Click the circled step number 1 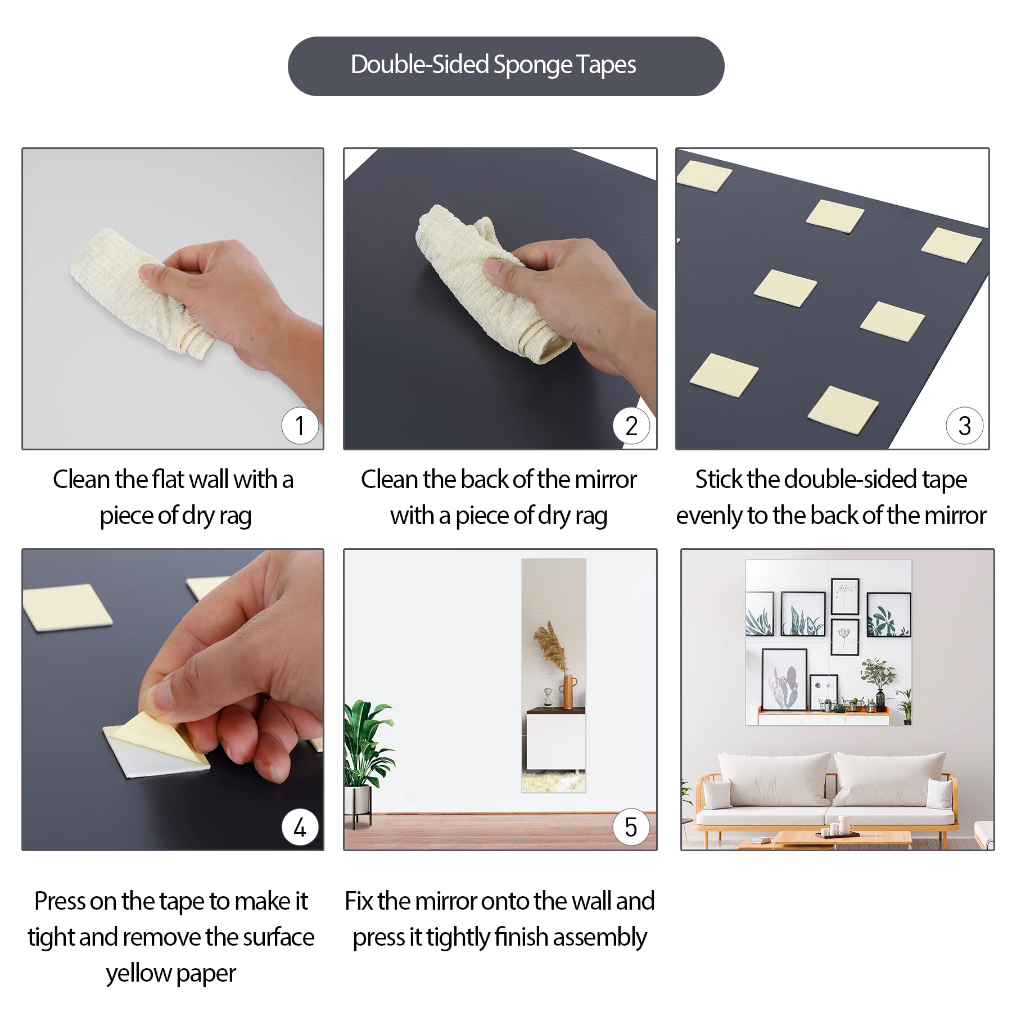pos(300,426)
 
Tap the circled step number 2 pos(631,426)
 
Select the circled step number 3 pos(964,426)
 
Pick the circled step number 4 pos(300,827)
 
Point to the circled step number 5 pos(631,827)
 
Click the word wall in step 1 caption pos(209,480)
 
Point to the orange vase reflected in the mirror pos(568,692)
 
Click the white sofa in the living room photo pos(826,793)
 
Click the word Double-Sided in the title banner pos(419,65)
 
